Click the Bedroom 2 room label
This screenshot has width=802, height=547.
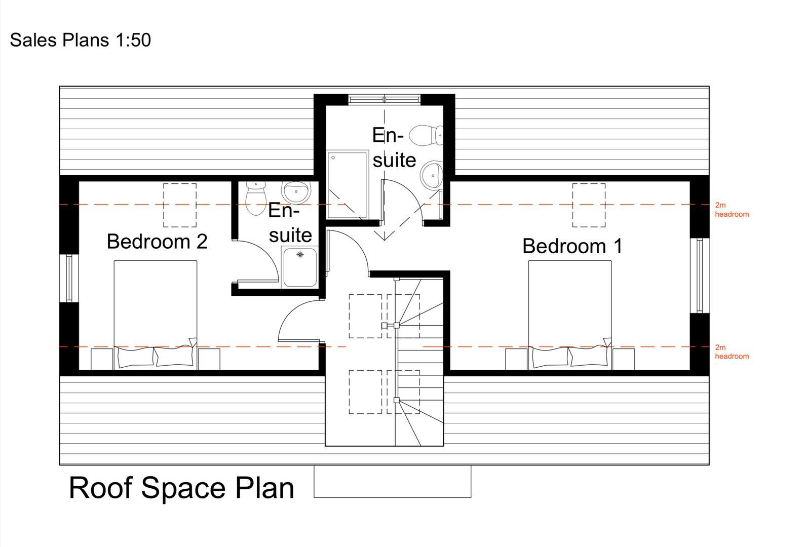tap(157, 242)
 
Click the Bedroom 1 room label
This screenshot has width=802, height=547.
tap(572, 246)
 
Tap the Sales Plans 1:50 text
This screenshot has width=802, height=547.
tap(80, 40)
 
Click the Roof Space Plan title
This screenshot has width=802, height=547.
tap(181, 488)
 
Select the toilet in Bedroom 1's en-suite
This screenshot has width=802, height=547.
tap(425, 136)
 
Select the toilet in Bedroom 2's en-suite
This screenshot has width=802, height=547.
tap(256, 198)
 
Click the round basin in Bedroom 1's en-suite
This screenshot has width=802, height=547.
tap(432, 175)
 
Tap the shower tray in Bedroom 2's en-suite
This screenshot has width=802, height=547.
tap(300, 267)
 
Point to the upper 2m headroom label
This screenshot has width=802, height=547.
tap(731, 210)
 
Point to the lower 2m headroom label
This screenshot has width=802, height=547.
tap(731, 352)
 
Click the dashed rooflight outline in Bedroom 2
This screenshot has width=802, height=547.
tap(180, 205)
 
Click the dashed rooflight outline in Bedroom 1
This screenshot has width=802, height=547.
tap(589, 205)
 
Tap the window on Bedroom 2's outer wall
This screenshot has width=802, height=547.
tap(69, 278)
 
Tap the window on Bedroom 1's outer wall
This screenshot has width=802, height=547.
tap(700, 276)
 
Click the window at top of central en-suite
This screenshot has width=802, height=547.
tap(384, 99)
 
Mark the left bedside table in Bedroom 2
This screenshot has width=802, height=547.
tap(102, 359)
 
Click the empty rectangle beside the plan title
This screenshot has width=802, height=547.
tap(392, 481)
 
